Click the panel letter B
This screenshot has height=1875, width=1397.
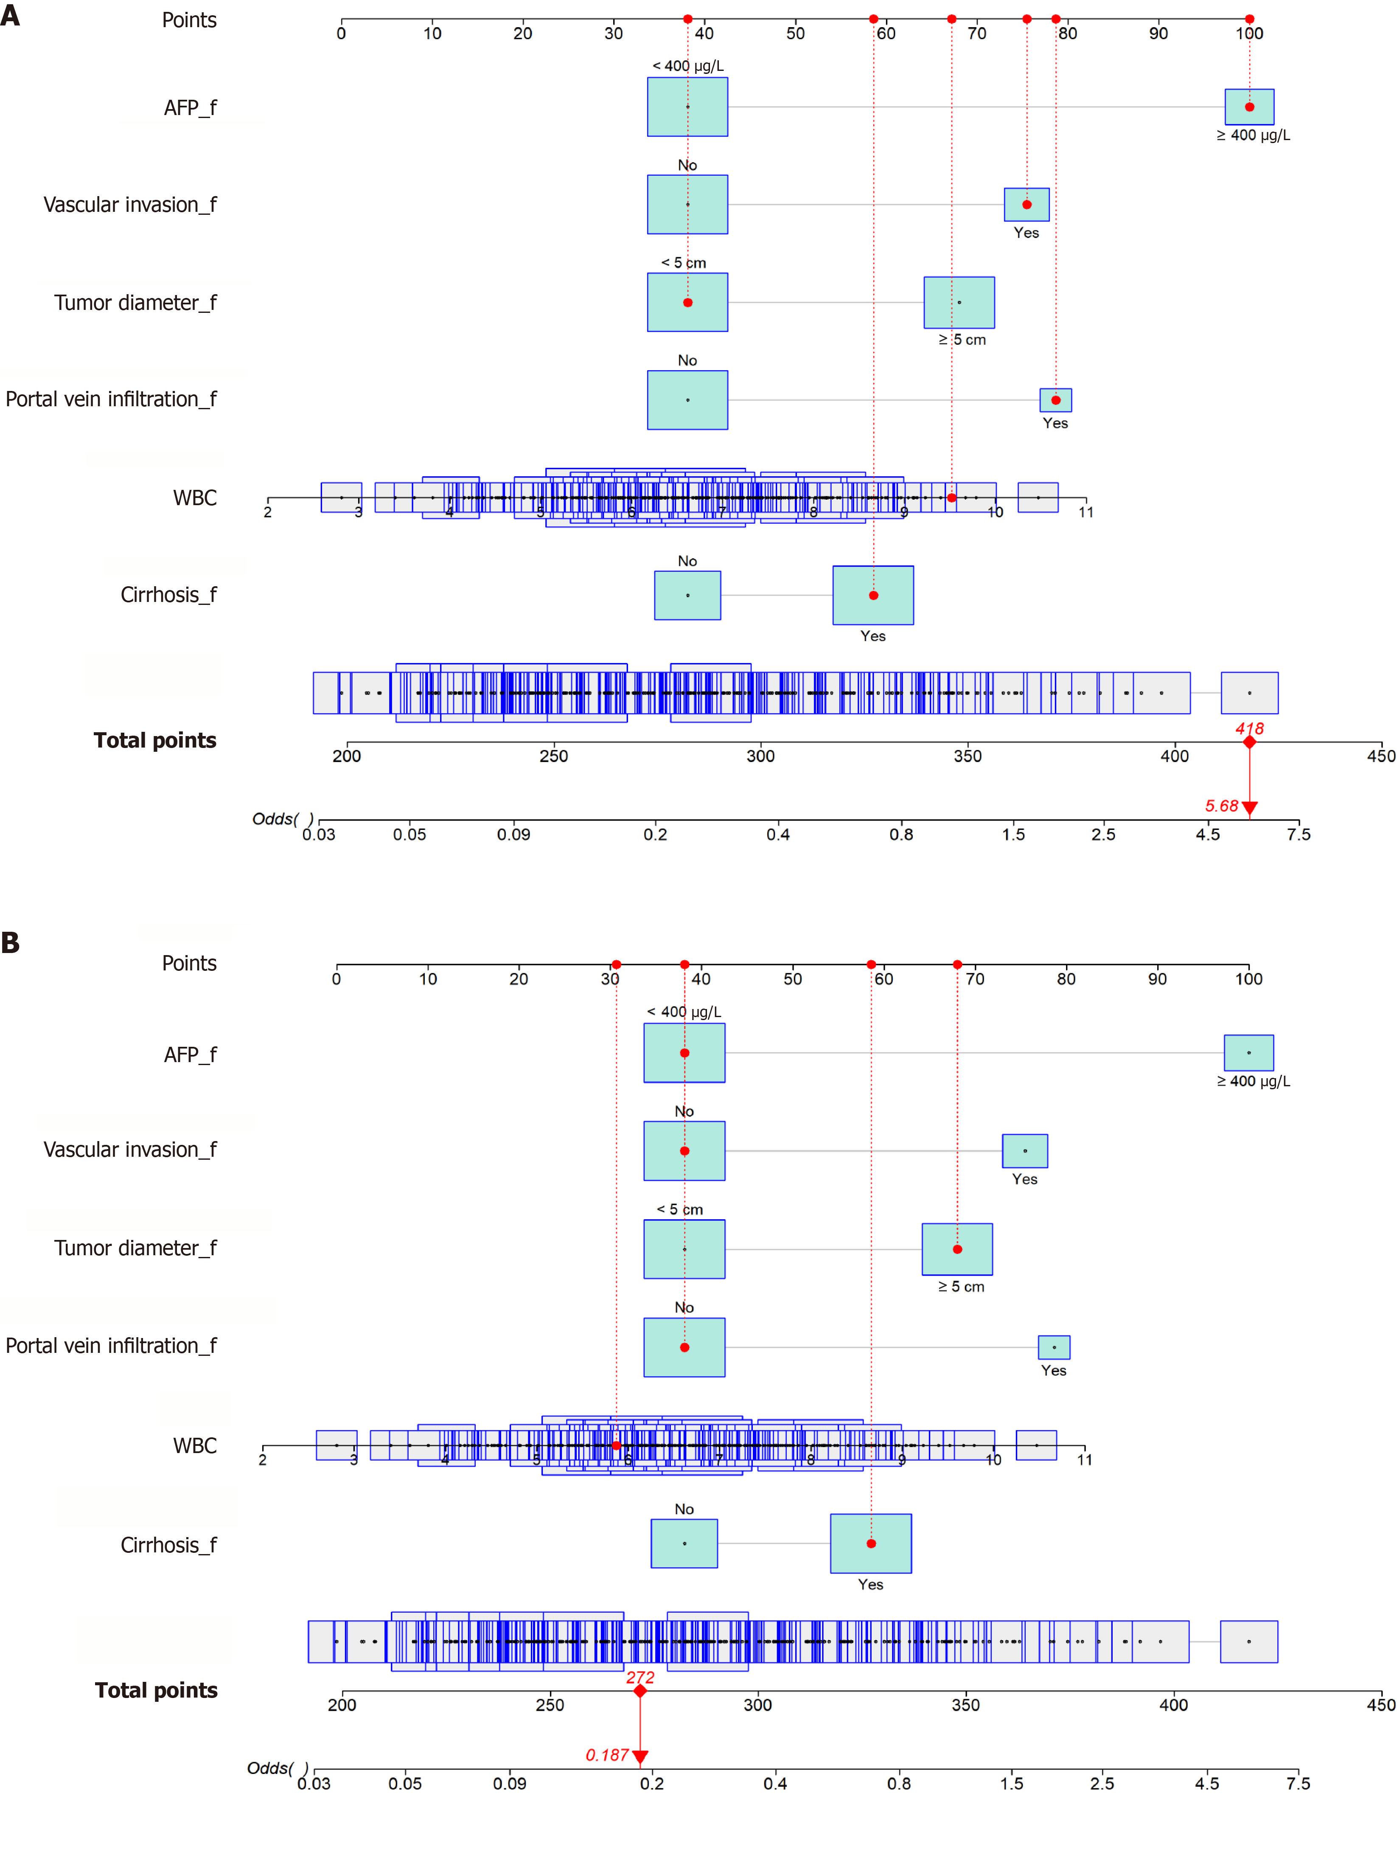tap(10, 942)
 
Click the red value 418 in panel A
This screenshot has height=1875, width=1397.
tap(1249, 728)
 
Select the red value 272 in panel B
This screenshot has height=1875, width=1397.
tap(640, 1677)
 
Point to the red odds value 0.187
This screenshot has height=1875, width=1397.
tap(607, 1755)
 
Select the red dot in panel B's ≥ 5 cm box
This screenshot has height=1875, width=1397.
tap(957, 1249)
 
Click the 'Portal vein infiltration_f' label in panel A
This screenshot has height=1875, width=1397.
tap(111, 399)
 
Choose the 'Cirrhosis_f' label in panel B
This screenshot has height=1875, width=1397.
tap(168, 1545)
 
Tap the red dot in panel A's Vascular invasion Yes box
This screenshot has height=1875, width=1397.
tap(1027, 205)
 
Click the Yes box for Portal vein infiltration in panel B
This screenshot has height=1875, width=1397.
tap(1054, 1347)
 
